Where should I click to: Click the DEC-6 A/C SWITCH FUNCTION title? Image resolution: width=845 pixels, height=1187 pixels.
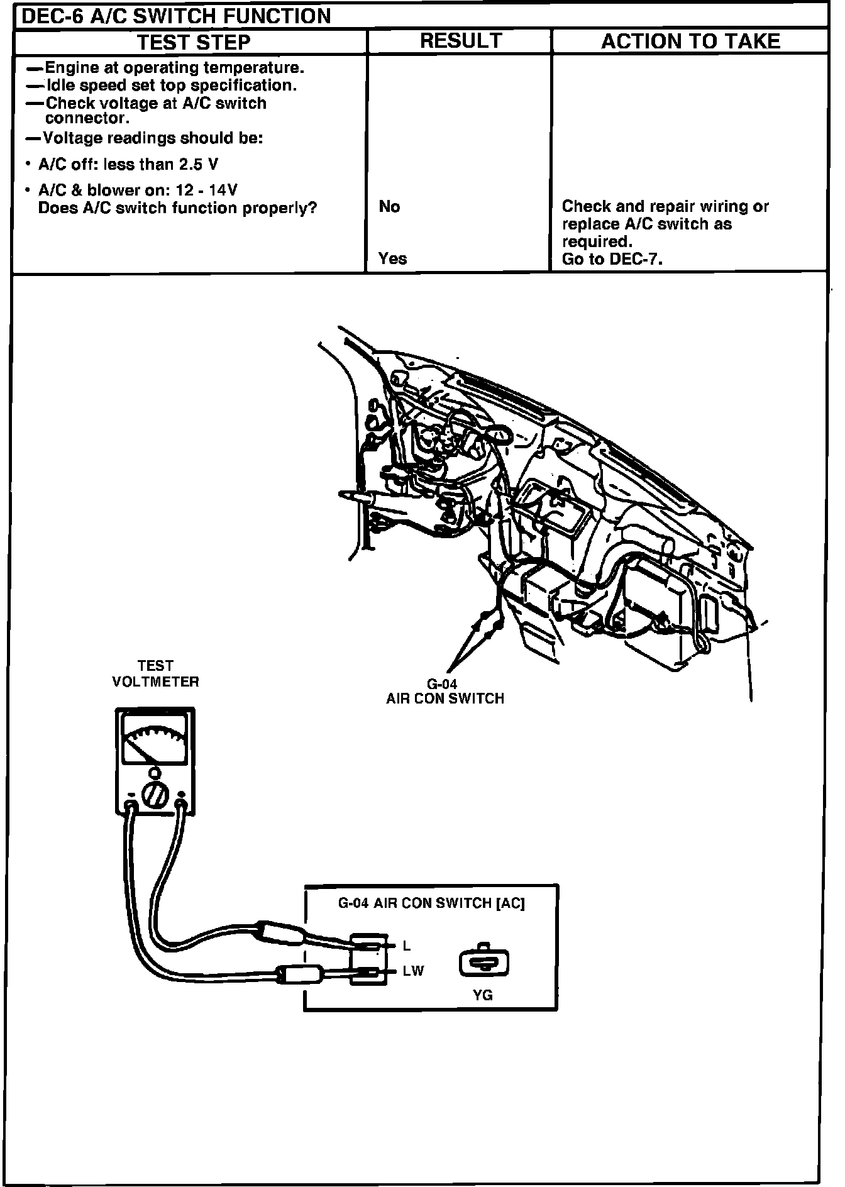coord(176,16)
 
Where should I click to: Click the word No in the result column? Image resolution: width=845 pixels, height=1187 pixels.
coord(389,207)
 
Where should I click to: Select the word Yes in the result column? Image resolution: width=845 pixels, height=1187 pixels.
coord(392,258)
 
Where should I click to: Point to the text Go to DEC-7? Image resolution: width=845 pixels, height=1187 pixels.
coord(612,259)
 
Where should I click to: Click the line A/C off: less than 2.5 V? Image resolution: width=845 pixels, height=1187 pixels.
coord(128,165)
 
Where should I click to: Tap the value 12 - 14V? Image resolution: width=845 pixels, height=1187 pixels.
coord(207,190)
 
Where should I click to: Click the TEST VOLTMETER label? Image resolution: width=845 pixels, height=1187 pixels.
coord(155,673)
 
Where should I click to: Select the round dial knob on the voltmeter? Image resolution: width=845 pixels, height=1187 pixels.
coord(154,795)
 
